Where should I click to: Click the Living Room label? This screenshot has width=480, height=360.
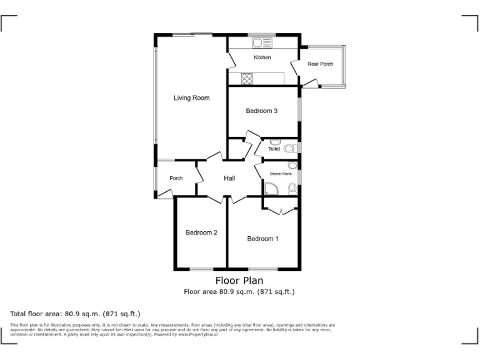point(191,98)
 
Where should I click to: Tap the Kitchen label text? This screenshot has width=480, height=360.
point(262,57)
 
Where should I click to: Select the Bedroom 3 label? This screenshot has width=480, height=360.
point(261,111)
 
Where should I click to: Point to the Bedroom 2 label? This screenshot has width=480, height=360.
point(201,233)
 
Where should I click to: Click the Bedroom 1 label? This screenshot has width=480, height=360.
point(262,239)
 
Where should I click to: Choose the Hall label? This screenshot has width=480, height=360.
point(229,179)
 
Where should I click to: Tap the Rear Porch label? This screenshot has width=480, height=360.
point(320,64)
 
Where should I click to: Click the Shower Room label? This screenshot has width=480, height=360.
point(281,174)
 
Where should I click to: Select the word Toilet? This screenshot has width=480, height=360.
point(274,149)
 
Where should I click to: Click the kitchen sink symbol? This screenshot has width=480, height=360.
point(262,43)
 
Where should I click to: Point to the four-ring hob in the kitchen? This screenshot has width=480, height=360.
point(246,79)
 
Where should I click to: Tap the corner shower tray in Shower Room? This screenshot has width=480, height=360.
point(271,189)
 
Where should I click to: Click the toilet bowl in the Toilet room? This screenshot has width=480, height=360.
point(289,148)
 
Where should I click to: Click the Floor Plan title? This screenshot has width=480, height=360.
point(239,281)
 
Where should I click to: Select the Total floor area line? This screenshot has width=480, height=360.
point(75,314)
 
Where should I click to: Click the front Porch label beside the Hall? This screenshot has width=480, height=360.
point(176,179)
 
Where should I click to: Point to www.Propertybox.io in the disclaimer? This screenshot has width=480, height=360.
point(197,334)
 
